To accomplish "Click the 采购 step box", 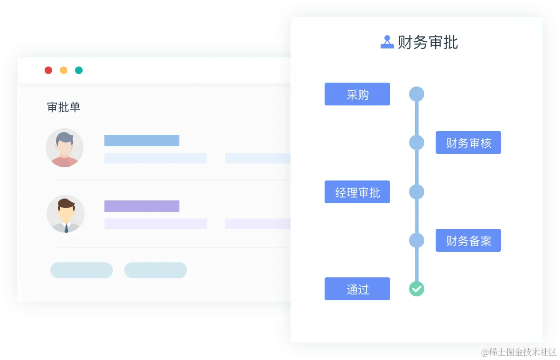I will click(x=357, y=94).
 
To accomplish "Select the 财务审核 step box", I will click(x=468, y=143).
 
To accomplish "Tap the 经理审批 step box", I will click(x=357, y=192).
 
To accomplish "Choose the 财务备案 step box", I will click(x=468, y=241).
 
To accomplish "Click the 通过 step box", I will click(x=357, y=289).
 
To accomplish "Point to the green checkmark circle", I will click(x=416, y=288).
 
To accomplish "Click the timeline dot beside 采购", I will click(x=416, y=94).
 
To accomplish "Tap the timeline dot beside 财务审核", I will click(x=416, y=142).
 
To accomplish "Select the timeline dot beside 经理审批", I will click(x=416, y=192).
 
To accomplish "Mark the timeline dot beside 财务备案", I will click(x=416, y=240).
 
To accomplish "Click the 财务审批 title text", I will click(x=428, y=42).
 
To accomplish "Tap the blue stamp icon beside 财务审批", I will click(x=387, y=42).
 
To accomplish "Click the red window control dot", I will click(x=48, y=70).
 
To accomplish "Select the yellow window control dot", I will click(x=64, y=70).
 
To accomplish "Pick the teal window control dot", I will click(x=79, y=70).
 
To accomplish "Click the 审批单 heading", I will click(x=64, y=107).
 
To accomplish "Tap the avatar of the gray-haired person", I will click(x=65, y=148).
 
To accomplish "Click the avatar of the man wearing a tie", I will click(x=65, y=214).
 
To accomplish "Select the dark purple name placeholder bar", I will click(x=141, y=206).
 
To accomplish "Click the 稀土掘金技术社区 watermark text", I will click(x=518, y=351).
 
